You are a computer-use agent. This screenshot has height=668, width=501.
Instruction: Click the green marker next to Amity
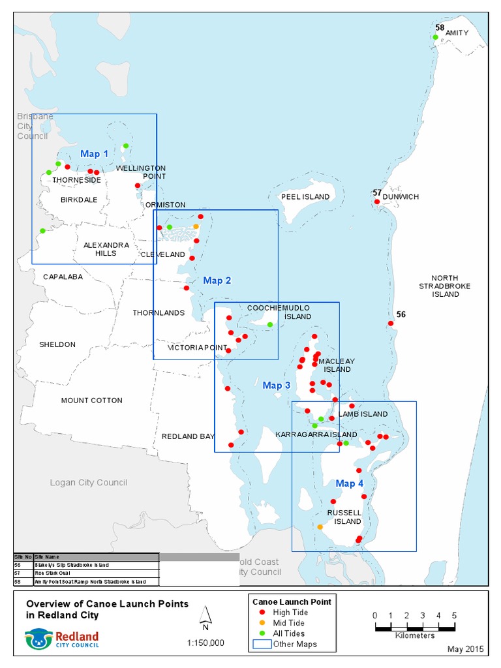coord(435,37)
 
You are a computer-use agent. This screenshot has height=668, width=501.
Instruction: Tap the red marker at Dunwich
coord(376,202)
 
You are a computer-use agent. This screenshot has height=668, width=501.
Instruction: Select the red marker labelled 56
coord(391,323)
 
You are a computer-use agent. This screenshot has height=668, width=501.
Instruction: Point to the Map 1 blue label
coord(95,154)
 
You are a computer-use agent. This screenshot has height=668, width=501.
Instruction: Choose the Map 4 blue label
coord(350,483)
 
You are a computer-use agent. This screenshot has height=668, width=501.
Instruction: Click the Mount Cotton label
coord(91,401)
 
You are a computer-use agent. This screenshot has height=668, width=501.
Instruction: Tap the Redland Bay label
coord(189,436)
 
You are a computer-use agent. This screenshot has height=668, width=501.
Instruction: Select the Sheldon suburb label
coord(57,344)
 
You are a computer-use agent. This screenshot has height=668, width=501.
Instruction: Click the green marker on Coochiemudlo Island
coord(270,324)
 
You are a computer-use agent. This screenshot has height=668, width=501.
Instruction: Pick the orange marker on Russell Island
coord(320,526)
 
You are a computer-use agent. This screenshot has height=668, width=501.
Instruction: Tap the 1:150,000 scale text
coord(205,643)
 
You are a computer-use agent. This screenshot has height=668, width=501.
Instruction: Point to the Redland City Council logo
coord(61,639)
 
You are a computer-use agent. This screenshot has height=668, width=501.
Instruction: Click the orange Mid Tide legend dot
coord(262,623)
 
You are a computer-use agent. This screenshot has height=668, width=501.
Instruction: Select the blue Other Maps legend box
coord(262,645)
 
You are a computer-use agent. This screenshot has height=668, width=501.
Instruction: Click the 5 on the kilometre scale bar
coord(454,615)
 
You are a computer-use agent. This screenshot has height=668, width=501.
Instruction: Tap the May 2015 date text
coord(466,650)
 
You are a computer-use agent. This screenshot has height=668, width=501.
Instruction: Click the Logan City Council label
coord(89,483)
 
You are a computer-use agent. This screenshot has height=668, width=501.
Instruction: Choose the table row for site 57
coord(85,573)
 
